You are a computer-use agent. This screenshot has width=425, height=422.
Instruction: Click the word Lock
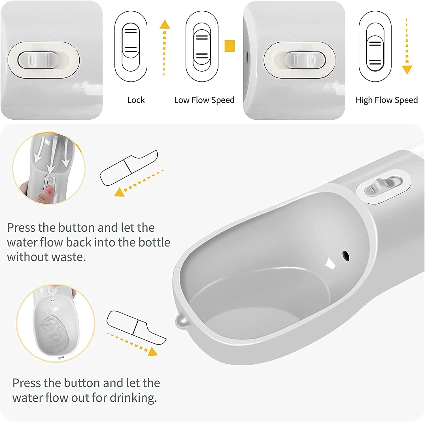(136, 100)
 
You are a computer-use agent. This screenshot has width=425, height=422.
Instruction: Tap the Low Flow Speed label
(204, 100)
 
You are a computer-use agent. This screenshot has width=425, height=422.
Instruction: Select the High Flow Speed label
(387, 100)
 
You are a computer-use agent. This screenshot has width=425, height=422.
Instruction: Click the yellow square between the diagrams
(229, 46)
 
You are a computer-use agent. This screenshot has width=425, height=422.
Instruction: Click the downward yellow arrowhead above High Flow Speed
(407, 70)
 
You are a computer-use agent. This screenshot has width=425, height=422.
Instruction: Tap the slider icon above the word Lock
(131, 46)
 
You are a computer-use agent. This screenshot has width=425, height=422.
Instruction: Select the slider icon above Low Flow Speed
(202, 46)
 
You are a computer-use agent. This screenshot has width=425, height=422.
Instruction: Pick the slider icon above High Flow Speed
(375, 46)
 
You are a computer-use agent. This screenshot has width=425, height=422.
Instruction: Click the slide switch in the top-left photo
(38, 60)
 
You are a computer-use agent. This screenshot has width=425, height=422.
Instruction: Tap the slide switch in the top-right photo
(305, 60)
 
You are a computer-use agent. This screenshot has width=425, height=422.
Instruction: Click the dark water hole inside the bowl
(346, 256)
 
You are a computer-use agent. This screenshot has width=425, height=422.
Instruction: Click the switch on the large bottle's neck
(383, 186)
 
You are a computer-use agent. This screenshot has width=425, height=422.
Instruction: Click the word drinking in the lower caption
(133, 398)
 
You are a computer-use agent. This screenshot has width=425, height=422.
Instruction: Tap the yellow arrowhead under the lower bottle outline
(152, 352)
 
